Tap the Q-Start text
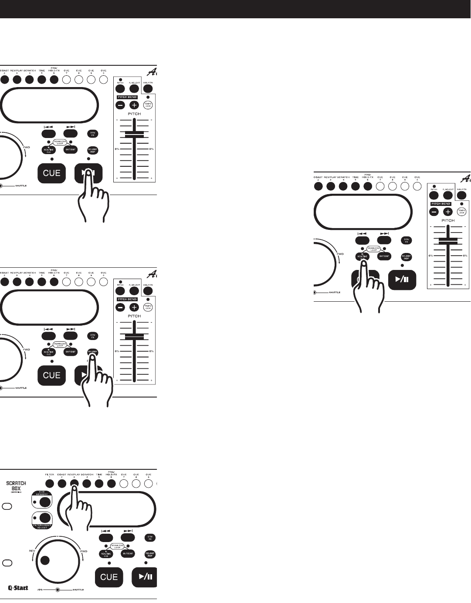point(18,588)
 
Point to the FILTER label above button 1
point(50,474)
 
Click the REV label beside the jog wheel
point(32,551)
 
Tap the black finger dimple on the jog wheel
point(45,560)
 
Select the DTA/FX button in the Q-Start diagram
point(149,538)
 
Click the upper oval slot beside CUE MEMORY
point(7,506)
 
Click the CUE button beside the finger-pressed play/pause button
point(51,173)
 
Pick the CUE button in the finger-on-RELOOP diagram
point(51,375)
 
